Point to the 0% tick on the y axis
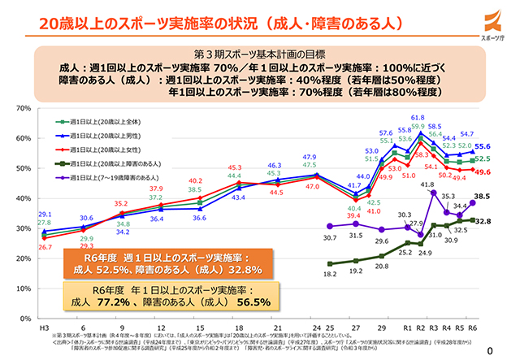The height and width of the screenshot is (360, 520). coord(24,318)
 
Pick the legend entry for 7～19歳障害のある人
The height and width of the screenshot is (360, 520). coord(114,178)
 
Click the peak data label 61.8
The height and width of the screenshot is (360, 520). coord(417,118)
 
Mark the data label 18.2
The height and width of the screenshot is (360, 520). coord(329,275)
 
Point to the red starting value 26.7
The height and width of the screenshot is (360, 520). coord(45,246)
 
